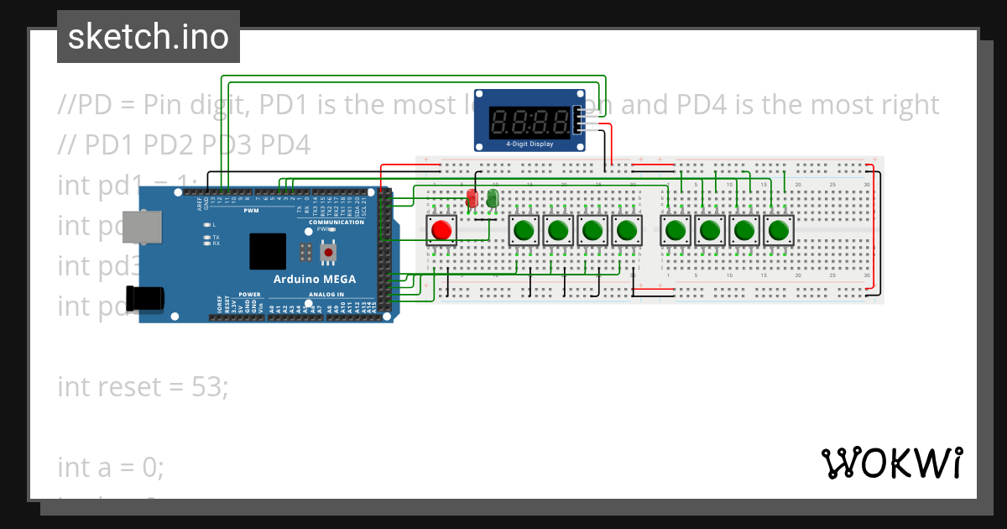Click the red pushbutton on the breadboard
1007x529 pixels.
[441, 229]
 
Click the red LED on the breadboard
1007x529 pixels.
[472, 198]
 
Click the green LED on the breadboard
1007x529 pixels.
[493, 198]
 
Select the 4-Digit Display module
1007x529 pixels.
[529, 120]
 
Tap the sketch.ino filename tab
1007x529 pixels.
[149, 37]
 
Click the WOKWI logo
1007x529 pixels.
[891, 463]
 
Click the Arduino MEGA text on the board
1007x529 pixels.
[315, 279]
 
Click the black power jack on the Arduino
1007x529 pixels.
[144, 298]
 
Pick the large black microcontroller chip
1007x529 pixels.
[268, 250]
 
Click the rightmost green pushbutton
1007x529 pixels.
[778, 229]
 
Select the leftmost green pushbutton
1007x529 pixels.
[524, 229]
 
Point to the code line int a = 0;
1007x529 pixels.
[111, 467]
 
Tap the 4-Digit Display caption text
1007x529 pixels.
[529, 144]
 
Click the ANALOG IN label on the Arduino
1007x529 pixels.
[327, 295]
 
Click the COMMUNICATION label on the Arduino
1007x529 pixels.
[337, 222]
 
